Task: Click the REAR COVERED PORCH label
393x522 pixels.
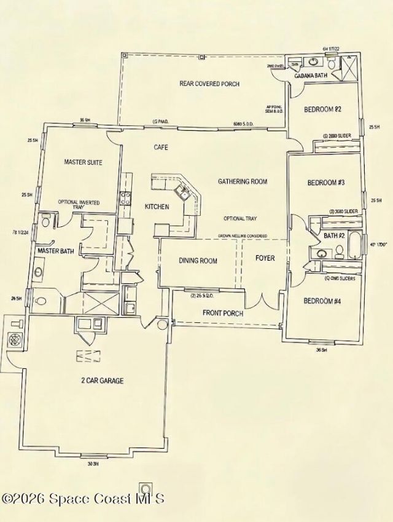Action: [x=209, y=84]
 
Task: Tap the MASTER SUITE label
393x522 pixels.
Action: [x=83, y=162]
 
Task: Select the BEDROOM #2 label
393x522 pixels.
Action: [x=323, y=109]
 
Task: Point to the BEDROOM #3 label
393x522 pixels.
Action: [x=325, y=183]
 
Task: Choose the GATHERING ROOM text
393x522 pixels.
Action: [x=243, y=181]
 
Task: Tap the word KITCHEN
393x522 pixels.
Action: [x=157, y=207]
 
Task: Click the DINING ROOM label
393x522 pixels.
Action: [x=198, y=261]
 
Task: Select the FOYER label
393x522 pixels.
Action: [x=265, y=258]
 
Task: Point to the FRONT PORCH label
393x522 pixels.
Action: [x=223, y=314]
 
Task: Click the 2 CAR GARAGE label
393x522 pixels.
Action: [x=102, y=381]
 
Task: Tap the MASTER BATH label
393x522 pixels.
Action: [x=56, y=251]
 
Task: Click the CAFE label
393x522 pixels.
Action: [x=161, y=148]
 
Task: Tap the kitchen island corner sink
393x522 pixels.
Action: [x=182, y=191]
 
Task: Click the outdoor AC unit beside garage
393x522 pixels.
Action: [x=13, y=339]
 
